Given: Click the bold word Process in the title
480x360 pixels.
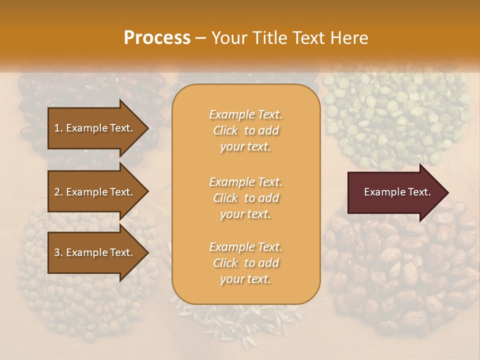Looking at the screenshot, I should [157, 38].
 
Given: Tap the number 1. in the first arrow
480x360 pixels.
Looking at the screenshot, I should [58, 128].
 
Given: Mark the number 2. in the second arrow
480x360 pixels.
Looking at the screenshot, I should [58, 192].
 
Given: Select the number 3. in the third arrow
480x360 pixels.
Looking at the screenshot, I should [58, 252].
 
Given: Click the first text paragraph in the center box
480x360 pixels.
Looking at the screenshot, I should [245, 130].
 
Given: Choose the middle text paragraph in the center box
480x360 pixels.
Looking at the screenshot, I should [245, 198].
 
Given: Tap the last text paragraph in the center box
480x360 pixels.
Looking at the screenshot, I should [245, 263].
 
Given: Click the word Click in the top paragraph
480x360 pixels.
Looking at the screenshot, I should [225, 130].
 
